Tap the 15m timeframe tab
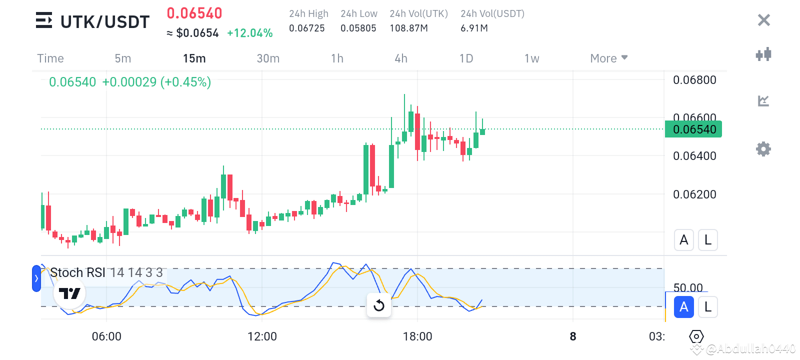pyautogui.click(x=194, y=58)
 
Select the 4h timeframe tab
pyautogui.click(x=401, y=58)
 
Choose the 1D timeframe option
pyautogui.click(x=466, y=58)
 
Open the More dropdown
pyautogui.click(x=608, y=58)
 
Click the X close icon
pyautogui.click(x=763, y=20)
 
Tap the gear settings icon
pyautogui.click(x=763, y=149)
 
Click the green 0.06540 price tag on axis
pyautogui.click(x=693, y=129)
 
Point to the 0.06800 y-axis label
pyautogui.click(x=694, y=80)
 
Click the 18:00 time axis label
pyautogui.click(x=417, y=336)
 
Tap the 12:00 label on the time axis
pyautogui.click(x=262, y=336)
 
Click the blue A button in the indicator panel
pyautogui.click(x=683, y=307)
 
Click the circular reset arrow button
pyautogui.click(x=379, y=305)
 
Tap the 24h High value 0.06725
pyautogui.click(x=307, y=28)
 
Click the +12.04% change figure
pyautogui.click(x=249, y=33)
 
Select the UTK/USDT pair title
pyautogui.click(x=105, y=22)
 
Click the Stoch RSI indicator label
pyautogui.click(x=77, y=272)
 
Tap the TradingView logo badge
pyautogui.click(x=69, y=293)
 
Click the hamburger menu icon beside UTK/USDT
pyautogui.click(x=44, y=20)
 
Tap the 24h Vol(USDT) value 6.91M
pyautogui.click(x=474, y=28)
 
